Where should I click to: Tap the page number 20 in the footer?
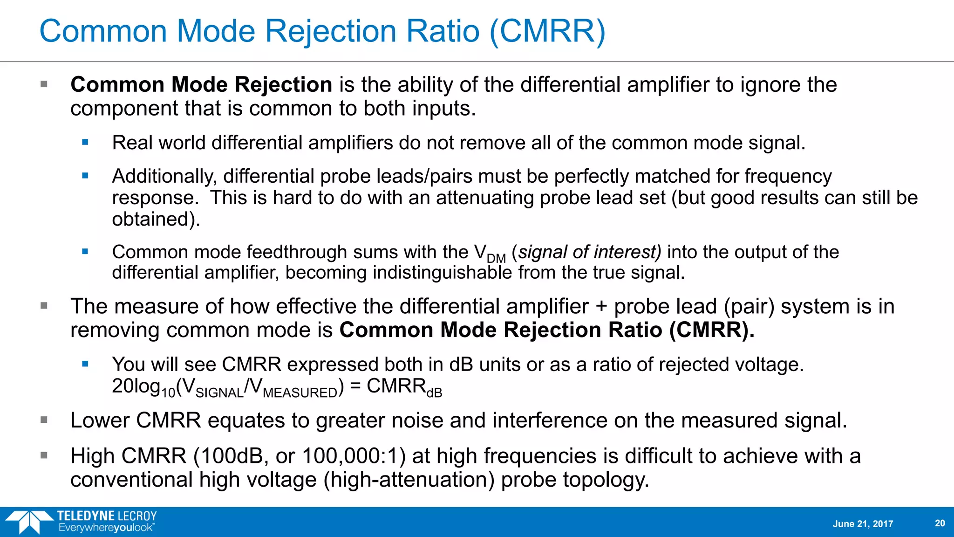pyautogui.click(x=940, y=523)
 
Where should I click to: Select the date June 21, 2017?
pyautogui.click(x=863, y=524)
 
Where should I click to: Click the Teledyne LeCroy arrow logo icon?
pyautogui.click(x=29, y=522)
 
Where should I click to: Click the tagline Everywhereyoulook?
pyautogui.click(x=106, y=528)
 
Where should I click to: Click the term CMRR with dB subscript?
pyautogui.click(x=404, y=387)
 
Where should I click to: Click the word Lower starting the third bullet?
pyautogui.click(x=100, y=420)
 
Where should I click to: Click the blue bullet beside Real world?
pyautogui.click(x=85, y=143)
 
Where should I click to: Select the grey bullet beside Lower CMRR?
pyautogui.click(x=44, y=420)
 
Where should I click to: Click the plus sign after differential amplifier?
pyautogui.click(x=601, y=307)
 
